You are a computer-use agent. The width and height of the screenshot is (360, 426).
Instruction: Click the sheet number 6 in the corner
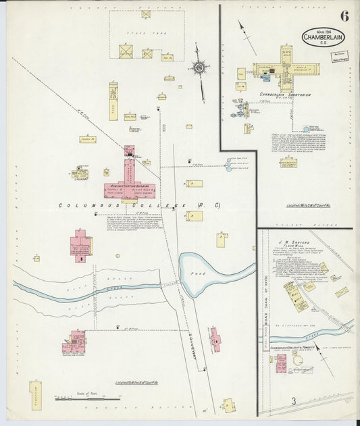coord(344,16)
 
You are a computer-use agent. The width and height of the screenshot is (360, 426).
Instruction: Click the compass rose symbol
coord(199,67)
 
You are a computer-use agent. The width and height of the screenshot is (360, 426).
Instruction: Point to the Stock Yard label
coord(145,32)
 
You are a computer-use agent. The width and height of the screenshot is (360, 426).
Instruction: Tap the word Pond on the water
coord(217,266)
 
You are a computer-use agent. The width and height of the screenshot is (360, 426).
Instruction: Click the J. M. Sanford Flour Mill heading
coord(301,241)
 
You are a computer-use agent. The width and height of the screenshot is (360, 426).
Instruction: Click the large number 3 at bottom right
coord(294,401)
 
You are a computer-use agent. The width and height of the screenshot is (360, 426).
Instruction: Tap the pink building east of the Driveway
coord(215,339)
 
